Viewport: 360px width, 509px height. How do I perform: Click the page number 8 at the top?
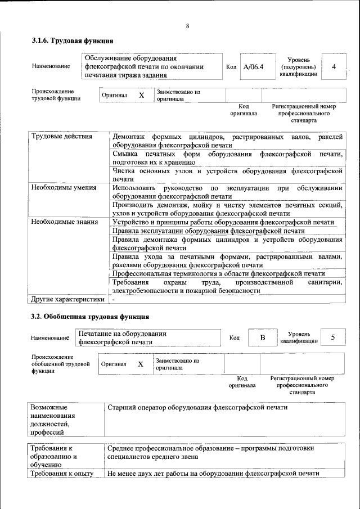[187, 26]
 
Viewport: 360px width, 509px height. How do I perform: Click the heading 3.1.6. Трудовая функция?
[73, 40]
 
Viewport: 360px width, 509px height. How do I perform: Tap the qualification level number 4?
[334, 67]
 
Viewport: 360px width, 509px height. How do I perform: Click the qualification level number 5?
[333, 337]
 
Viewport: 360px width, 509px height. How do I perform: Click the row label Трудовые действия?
[55, 137]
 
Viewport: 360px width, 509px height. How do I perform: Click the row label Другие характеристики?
[67, 299]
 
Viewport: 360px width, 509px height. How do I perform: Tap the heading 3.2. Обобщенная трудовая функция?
[89, 317]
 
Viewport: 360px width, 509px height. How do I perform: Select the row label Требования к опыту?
[62, 473]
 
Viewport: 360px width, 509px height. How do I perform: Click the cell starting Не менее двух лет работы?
[213, 473]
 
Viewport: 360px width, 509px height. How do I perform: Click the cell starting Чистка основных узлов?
[227, 174]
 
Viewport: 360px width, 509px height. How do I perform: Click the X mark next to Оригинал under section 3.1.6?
[141, 96]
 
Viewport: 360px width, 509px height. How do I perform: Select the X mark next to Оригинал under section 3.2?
[141, 364]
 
